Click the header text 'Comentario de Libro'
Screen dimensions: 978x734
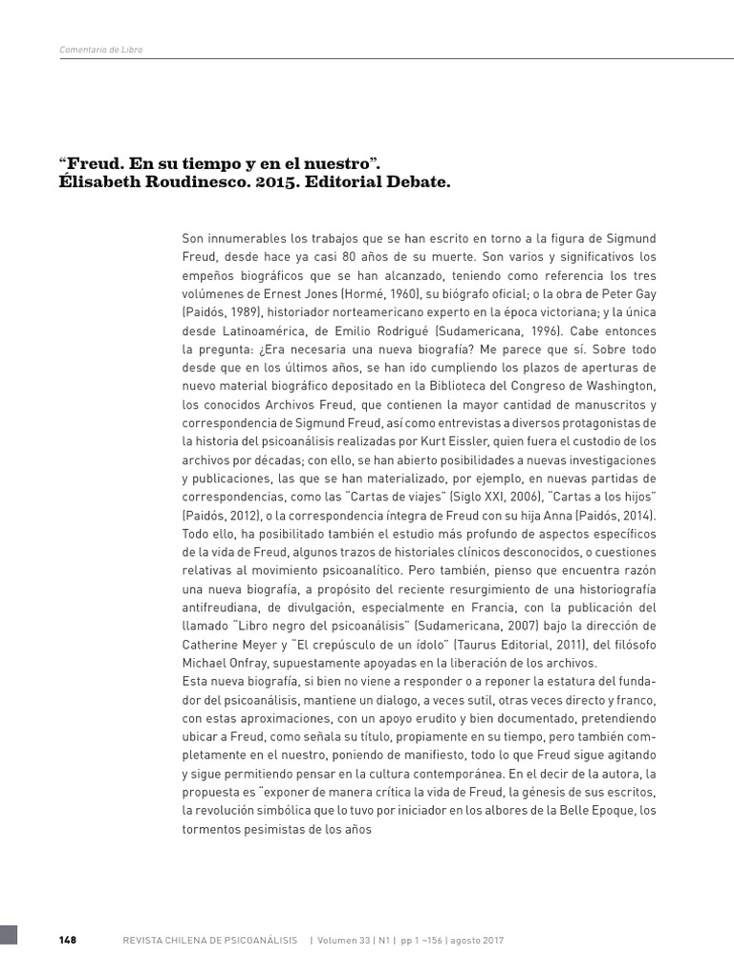[100, 50]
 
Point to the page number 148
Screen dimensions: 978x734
[67, 940]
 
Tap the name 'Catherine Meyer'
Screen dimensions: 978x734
[229, 643]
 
